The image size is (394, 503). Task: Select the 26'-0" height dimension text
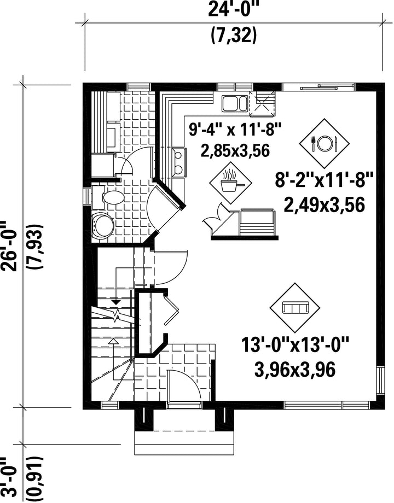[10, 246]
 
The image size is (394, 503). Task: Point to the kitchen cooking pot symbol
[230, 183]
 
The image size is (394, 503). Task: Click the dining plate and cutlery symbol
[324, 143]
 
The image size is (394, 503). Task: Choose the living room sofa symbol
[295, 308]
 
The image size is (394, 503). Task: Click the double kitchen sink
[234, 103]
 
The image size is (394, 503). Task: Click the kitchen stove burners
[178, 162]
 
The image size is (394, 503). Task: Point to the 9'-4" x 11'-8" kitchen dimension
[235, 130]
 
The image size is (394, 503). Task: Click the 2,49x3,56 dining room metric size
[325, 205]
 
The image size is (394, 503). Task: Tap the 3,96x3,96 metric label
[295, 370]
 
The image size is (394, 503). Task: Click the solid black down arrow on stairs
[116, 302]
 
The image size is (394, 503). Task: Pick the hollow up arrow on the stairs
[113, 341]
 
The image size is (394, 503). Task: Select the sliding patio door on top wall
[318, 86]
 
